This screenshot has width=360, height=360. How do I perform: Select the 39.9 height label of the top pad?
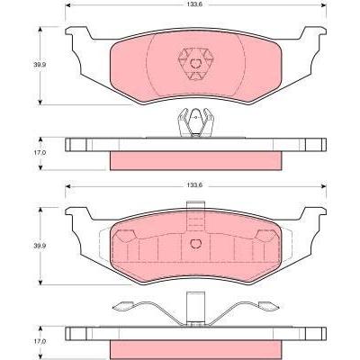(x=37, y=64)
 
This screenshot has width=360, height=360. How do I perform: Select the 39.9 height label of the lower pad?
(x=37, y=246)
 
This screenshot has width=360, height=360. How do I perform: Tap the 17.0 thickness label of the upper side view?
(x=37, y=152)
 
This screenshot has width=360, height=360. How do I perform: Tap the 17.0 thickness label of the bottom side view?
(x=37, y=341)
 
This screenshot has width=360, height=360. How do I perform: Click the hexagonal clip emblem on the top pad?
(x=195, y=64)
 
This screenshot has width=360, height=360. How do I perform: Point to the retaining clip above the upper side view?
(x=195, y=122)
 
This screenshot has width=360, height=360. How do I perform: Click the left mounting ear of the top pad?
(x=77, y=32)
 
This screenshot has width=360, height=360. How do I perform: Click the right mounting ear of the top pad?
(x=314, y=32)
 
